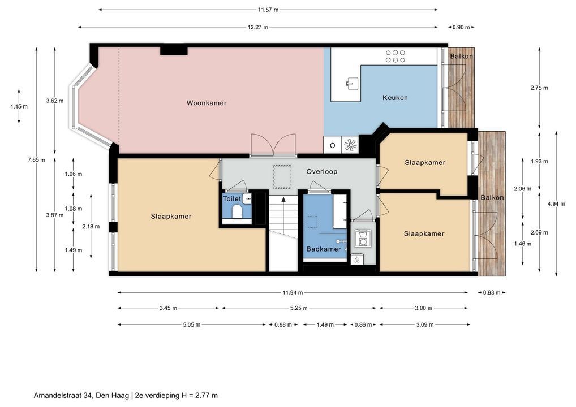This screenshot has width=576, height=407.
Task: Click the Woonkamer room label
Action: pos(207,103)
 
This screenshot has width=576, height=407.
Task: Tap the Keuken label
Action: pos(395,98)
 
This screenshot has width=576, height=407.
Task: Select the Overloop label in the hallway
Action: pos(322,171)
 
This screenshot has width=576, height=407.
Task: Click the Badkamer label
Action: pos(324,249)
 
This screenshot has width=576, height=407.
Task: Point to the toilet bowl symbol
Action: pos(237,211)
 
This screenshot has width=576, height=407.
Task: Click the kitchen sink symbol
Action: pos(352,83)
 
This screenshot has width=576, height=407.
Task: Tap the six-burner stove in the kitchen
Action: pos(396,57)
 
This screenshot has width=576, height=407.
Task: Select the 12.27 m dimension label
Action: pos(258,27)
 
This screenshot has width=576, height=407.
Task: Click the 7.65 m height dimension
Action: pos(36,159)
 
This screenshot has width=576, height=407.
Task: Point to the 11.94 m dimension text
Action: pos(293,292)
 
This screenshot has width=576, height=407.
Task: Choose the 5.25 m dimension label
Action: pos(299,308)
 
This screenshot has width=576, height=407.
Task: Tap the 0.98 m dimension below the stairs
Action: pos(283,324)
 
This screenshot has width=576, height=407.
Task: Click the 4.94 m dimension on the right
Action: pos(556,204)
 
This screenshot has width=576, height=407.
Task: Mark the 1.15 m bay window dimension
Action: pos(19,106)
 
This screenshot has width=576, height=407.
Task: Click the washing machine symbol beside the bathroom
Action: pos(363,238)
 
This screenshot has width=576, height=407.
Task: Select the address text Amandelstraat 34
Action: pos(63,396)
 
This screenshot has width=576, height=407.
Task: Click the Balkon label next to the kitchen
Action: pos(461,56)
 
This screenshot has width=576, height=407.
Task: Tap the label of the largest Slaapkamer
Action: pos(171,217)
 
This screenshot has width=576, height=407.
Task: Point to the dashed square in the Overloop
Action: pos(282,177)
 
